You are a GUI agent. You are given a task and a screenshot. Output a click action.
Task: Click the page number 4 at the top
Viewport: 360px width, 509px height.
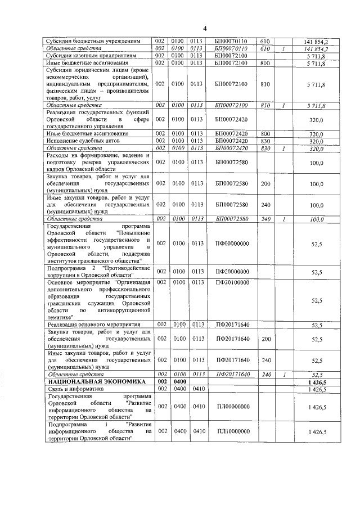[205, 29]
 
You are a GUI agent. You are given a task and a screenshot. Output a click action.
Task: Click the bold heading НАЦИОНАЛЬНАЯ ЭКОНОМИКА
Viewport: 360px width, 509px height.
[89, 381]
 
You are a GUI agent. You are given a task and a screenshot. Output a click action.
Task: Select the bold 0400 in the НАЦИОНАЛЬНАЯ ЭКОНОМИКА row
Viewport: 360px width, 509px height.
[179, 381]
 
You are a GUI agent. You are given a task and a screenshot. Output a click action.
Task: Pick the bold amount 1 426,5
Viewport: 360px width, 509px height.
[318, 381]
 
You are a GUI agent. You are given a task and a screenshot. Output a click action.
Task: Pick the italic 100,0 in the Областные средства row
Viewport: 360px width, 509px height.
[318, 219]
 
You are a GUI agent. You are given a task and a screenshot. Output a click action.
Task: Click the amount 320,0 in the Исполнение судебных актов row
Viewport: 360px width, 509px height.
[318, 141]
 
